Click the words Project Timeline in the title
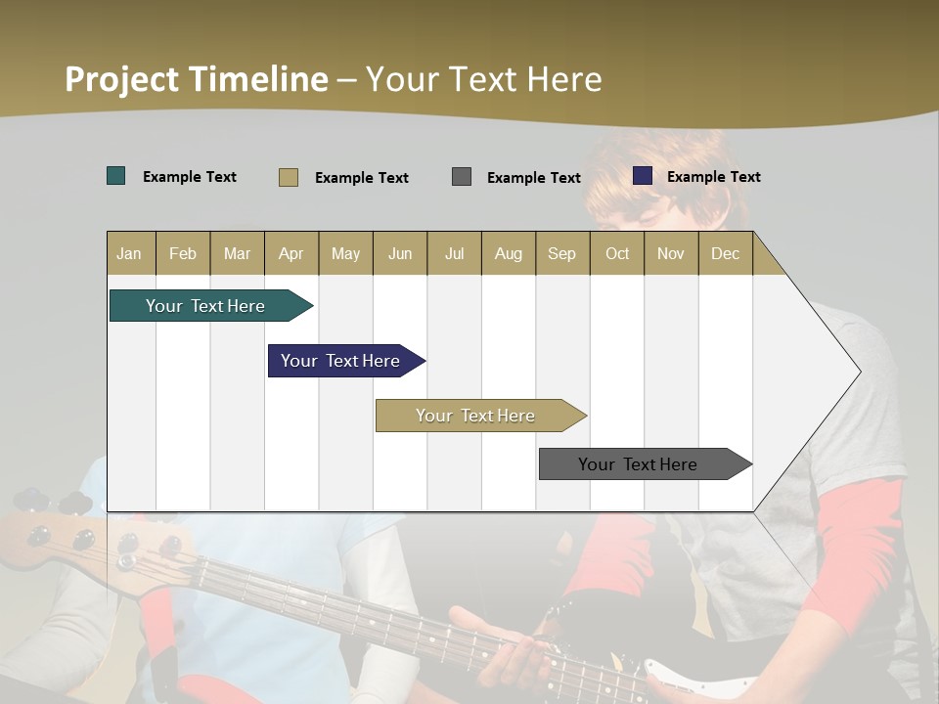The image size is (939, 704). (196, 79)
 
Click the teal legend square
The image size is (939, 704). (116, 176)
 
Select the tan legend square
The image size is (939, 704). (289, 177)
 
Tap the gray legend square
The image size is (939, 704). (462, 176)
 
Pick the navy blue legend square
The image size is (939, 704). (643, 176)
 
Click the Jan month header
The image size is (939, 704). (129, 254)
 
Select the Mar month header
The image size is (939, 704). (237, 254)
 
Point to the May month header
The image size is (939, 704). (345, 254)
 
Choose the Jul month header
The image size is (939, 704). (454, 254)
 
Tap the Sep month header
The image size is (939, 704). (561, 254)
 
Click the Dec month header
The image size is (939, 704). (725, 254)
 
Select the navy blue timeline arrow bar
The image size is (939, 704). (342, 361)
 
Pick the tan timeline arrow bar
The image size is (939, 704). (477, 416)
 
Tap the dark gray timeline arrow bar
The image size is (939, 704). (640, 464)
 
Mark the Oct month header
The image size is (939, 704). (617, 254)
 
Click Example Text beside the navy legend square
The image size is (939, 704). (713, 177)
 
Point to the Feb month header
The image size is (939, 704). (183, 254)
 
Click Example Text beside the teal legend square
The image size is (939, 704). (190, 177)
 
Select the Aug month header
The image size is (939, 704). (508, 254)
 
